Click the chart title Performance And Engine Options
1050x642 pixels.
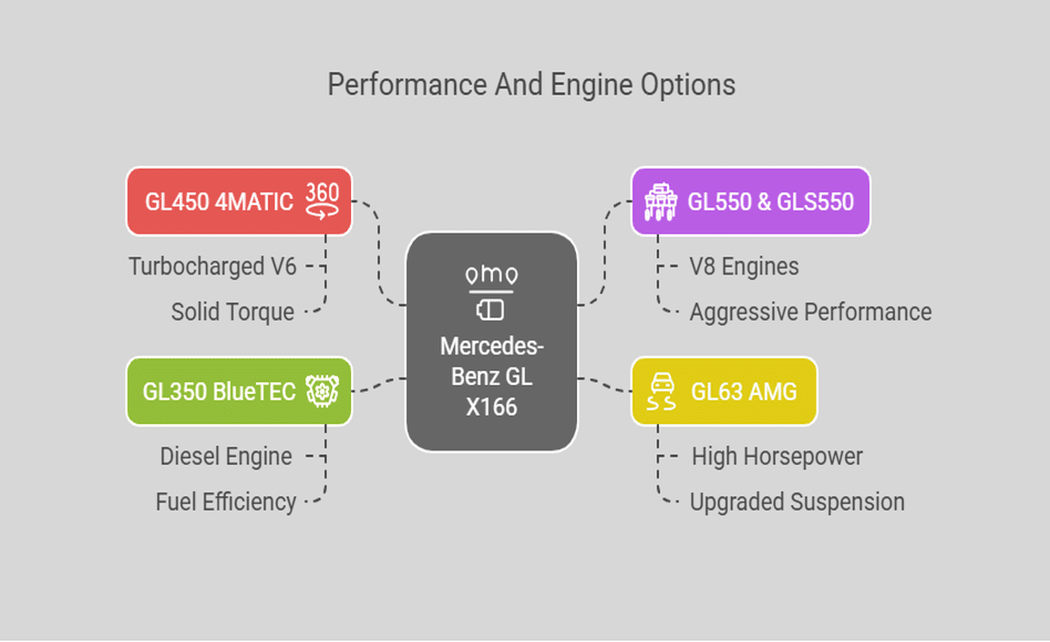[531, 85]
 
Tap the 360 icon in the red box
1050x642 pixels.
[322, 200]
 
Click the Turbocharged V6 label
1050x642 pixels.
[211, 266]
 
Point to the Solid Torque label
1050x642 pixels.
[232, 312]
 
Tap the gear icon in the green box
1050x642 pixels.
[322, 391]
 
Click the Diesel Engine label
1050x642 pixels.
[226, 456]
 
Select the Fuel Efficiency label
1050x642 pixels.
[225, 502]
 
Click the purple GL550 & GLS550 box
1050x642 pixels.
[750, 201]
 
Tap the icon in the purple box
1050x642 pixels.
[659, 201]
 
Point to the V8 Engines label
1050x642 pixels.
[744, 266]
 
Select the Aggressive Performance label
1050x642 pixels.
[810, 312]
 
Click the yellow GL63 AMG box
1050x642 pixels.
[725, 391]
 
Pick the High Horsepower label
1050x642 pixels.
[777, 456]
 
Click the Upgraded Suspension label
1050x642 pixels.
[797, 502]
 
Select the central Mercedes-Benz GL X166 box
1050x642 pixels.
[491, 341]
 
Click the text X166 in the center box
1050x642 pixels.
[491, 407]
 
